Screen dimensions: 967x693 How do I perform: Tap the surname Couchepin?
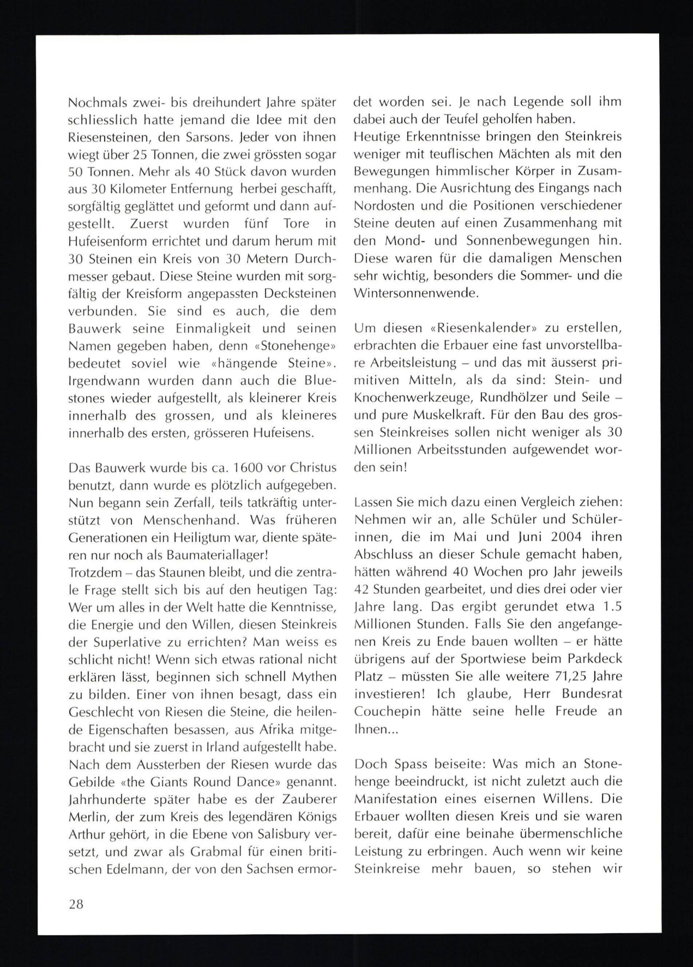pos(386,711)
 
